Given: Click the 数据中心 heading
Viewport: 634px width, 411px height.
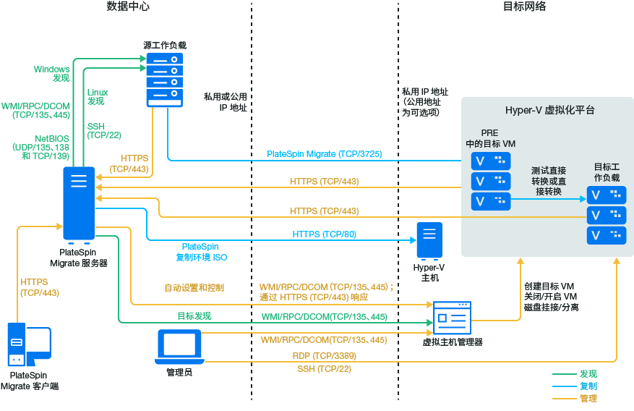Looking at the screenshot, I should [128, 7].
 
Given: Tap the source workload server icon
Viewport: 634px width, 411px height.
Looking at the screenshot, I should [165, 79].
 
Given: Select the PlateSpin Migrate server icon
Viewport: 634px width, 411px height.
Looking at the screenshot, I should [79, 203].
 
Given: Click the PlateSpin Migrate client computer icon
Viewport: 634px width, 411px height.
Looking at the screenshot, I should [28, 345].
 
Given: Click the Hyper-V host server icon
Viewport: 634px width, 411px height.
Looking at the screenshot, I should [429, 241].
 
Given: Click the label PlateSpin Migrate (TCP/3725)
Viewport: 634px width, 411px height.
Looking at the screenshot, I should [325, 154].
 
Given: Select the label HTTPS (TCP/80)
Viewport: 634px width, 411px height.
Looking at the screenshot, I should [325, 234].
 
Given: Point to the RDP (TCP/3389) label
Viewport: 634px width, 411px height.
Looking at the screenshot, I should [325, 356].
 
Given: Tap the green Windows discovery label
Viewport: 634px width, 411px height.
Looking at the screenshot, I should [52, 73].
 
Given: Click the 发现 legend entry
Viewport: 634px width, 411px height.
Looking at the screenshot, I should [588, 374].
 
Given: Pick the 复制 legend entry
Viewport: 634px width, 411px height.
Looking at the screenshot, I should [588, 386].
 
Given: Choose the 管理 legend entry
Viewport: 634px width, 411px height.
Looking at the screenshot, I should [588, 399].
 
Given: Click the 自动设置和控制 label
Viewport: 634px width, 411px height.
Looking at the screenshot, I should [194, 288].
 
